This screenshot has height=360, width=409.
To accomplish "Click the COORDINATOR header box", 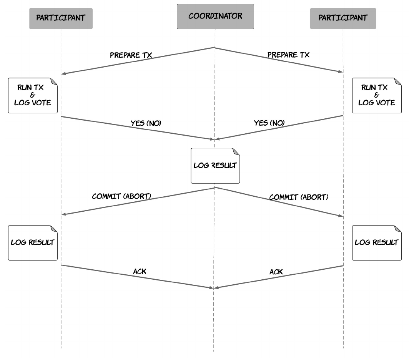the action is [x=215, y=17].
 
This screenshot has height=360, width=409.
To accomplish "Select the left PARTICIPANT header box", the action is [x=61, y=18].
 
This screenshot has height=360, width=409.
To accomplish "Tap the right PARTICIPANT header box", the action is [x=343, y=18].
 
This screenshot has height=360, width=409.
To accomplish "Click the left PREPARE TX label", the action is [x=131, y=55].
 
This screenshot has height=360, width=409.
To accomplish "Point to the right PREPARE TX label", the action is [x=288, y=55].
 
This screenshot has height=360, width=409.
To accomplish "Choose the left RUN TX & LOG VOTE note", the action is [x=33, y=95].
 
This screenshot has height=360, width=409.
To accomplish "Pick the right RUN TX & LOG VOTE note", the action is [x=377, y=95].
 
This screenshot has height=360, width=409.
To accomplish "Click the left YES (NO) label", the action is [x=146, y=123].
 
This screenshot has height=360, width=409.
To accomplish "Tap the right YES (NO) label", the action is [x=269, y=123].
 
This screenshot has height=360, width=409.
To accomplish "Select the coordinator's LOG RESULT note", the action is [x=215, y=166].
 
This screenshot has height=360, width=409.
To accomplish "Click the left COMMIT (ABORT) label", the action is [x=121, y=196].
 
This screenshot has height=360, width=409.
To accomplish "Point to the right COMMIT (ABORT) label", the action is [x=299, y=197].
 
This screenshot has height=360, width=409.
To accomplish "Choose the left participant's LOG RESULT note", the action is [x=33, y=243].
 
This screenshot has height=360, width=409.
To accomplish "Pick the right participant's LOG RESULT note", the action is [x=377, y=243].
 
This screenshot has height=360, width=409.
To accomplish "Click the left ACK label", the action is [x=140, y=272].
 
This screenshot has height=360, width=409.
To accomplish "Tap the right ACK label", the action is [x=276, y=272].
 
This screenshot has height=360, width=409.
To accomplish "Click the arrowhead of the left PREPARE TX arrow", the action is [x=63, y=74].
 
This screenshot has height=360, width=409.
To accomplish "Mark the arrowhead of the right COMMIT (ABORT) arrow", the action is [x=341, y=216].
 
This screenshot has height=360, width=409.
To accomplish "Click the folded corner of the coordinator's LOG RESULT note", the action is [x=236, y=152].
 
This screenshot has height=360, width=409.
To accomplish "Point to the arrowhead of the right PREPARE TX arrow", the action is [x=341, y=71].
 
